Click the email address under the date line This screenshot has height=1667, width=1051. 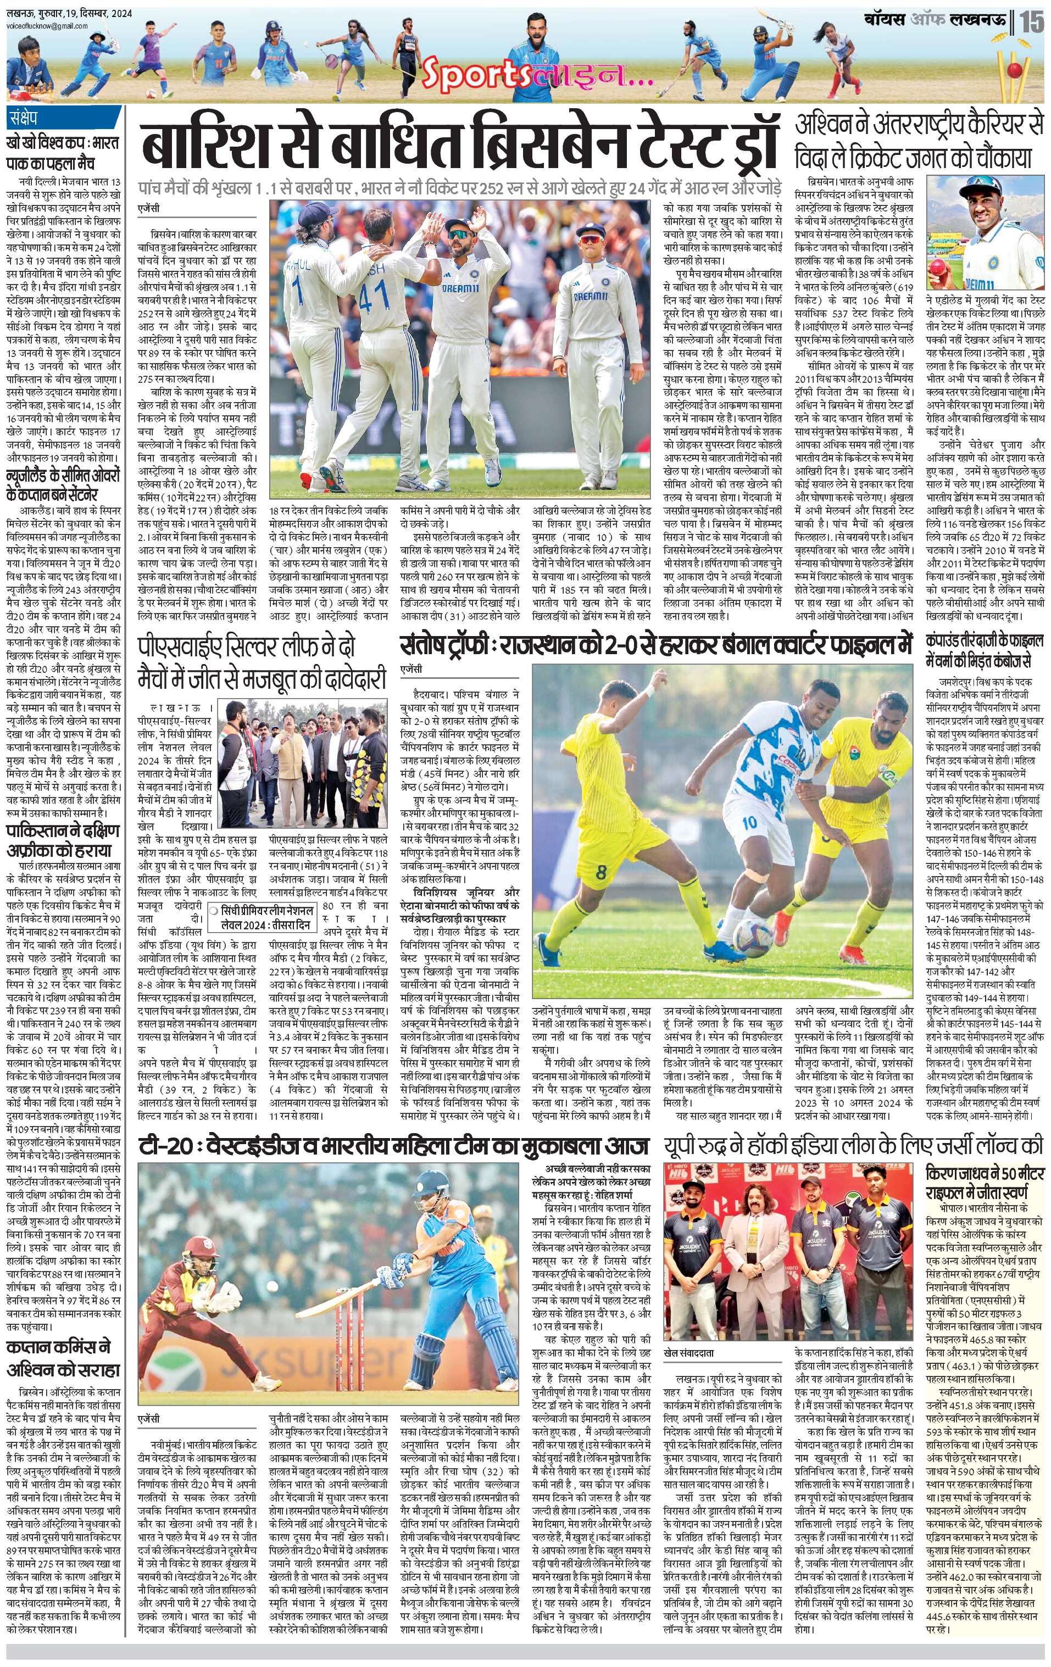46,26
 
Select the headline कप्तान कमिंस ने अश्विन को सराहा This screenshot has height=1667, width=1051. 64,1359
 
